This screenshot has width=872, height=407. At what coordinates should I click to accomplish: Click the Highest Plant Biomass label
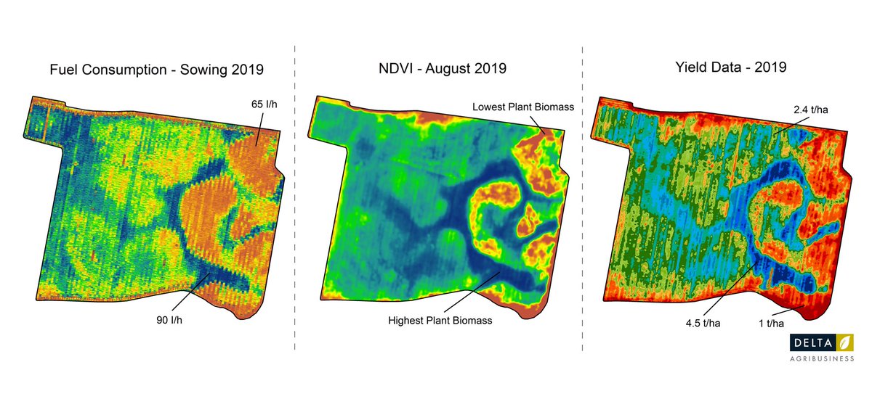tap(440, 320)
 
